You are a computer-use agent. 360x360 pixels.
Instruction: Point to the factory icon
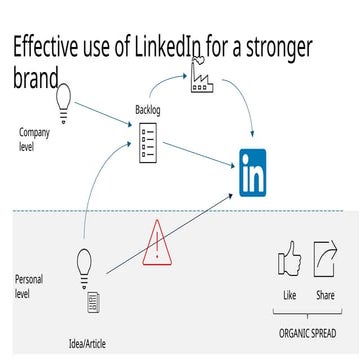(200, 74)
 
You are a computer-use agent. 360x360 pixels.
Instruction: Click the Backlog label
(148, 108)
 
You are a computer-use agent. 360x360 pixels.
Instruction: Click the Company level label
(33, 138)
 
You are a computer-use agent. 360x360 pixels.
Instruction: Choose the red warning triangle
(156, 241)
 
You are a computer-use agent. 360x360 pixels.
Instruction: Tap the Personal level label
(29, 285)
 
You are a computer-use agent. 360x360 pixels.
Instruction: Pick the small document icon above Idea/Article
(93, 301)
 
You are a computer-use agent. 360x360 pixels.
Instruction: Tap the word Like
(290, 296)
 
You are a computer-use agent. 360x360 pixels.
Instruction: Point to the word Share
(325, 296)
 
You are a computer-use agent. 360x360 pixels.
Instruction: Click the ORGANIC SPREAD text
(307, 331)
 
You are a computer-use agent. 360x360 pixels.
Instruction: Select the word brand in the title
(32, 77)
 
